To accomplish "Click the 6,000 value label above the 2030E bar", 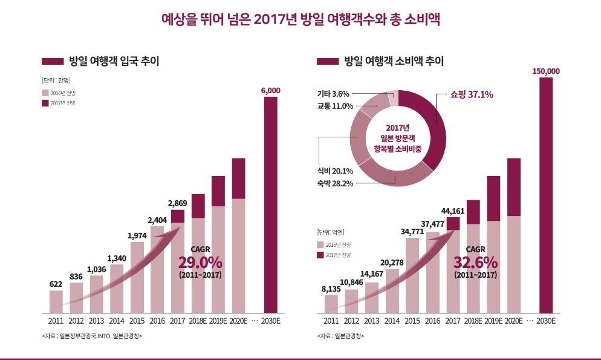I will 270,90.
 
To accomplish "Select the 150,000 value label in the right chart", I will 546,71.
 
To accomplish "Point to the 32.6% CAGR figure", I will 475,263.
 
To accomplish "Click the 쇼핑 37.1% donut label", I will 472,94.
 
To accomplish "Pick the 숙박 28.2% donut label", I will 334,183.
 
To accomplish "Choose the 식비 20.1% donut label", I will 334,171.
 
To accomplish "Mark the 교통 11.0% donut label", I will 334,106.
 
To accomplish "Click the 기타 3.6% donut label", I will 333,94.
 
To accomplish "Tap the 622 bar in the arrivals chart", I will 56,301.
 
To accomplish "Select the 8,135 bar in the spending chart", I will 331,303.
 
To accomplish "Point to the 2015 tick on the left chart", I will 137,321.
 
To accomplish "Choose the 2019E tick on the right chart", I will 493,321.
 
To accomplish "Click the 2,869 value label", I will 178,203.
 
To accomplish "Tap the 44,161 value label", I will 453,211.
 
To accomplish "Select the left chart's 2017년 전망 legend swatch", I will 45,103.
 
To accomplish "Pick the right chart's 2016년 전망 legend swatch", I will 320,244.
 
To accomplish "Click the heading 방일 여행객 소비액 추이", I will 394,61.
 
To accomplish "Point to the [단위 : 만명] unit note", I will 56,79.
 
